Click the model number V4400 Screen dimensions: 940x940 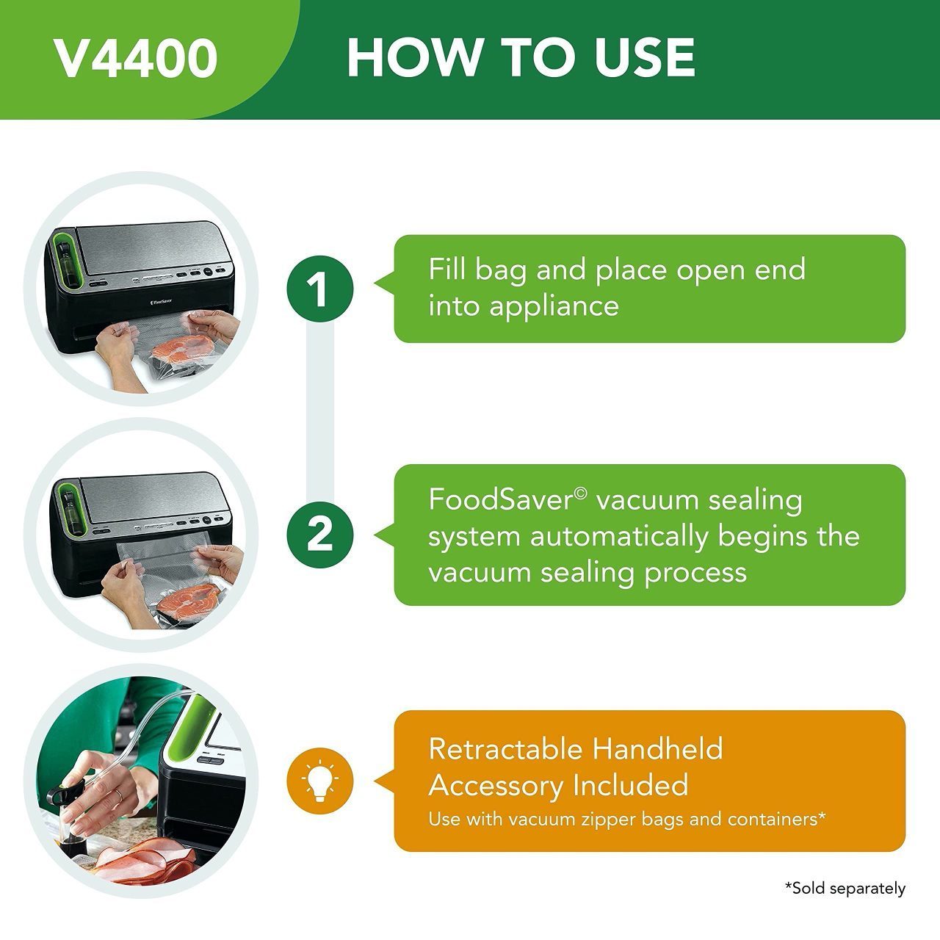click(136, 59)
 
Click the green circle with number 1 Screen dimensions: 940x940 click(319, 289)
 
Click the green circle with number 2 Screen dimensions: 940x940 click(319, 534)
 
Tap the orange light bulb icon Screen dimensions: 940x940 click(319, 781)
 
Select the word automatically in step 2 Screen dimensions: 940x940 click(619, 536)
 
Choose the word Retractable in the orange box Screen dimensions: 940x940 click(505, 749)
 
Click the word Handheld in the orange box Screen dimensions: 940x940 click(657, 749)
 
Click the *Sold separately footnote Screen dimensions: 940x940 click(845, 889)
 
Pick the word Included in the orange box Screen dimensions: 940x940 click(630, 785)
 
